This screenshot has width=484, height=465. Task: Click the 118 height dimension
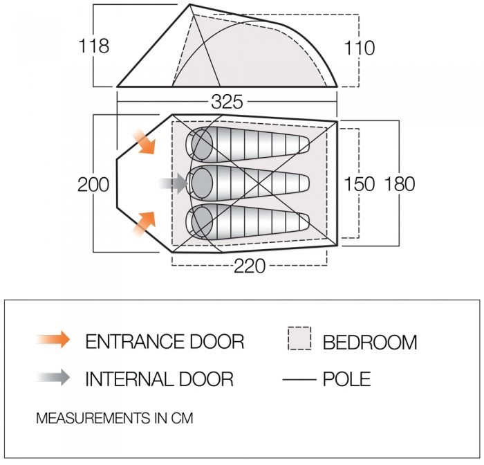pos(94,46)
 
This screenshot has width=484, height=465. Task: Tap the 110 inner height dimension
pos(360,48)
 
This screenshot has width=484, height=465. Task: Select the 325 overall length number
pos(227,102)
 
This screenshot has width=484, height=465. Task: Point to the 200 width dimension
pos(93,185)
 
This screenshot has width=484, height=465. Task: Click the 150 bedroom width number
pos(360,184)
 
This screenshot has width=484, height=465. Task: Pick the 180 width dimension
pos(400,184)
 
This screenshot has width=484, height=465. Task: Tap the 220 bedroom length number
pos(250,266)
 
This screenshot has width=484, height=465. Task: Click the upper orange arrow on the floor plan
pos(144,142)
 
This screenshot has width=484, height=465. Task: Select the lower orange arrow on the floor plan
pos(144,223)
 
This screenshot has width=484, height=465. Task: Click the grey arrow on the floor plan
pos(174,183)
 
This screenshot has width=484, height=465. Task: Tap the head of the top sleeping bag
pos(202,145)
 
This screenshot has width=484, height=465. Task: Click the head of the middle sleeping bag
pos(202,183)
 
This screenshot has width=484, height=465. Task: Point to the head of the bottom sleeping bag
pos(202,222)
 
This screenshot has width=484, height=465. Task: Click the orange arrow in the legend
pos(53,339)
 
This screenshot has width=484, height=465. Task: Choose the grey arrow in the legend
pos(53,377)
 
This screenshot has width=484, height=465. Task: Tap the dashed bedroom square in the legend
pos(299,338)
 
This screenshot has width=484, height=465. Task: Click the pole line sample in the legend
pos(299,379)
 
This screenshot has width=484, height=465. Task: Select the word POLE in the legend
pos(347,379)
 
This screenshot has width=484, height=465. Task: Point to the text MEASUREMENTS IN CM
pos(115,418)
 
